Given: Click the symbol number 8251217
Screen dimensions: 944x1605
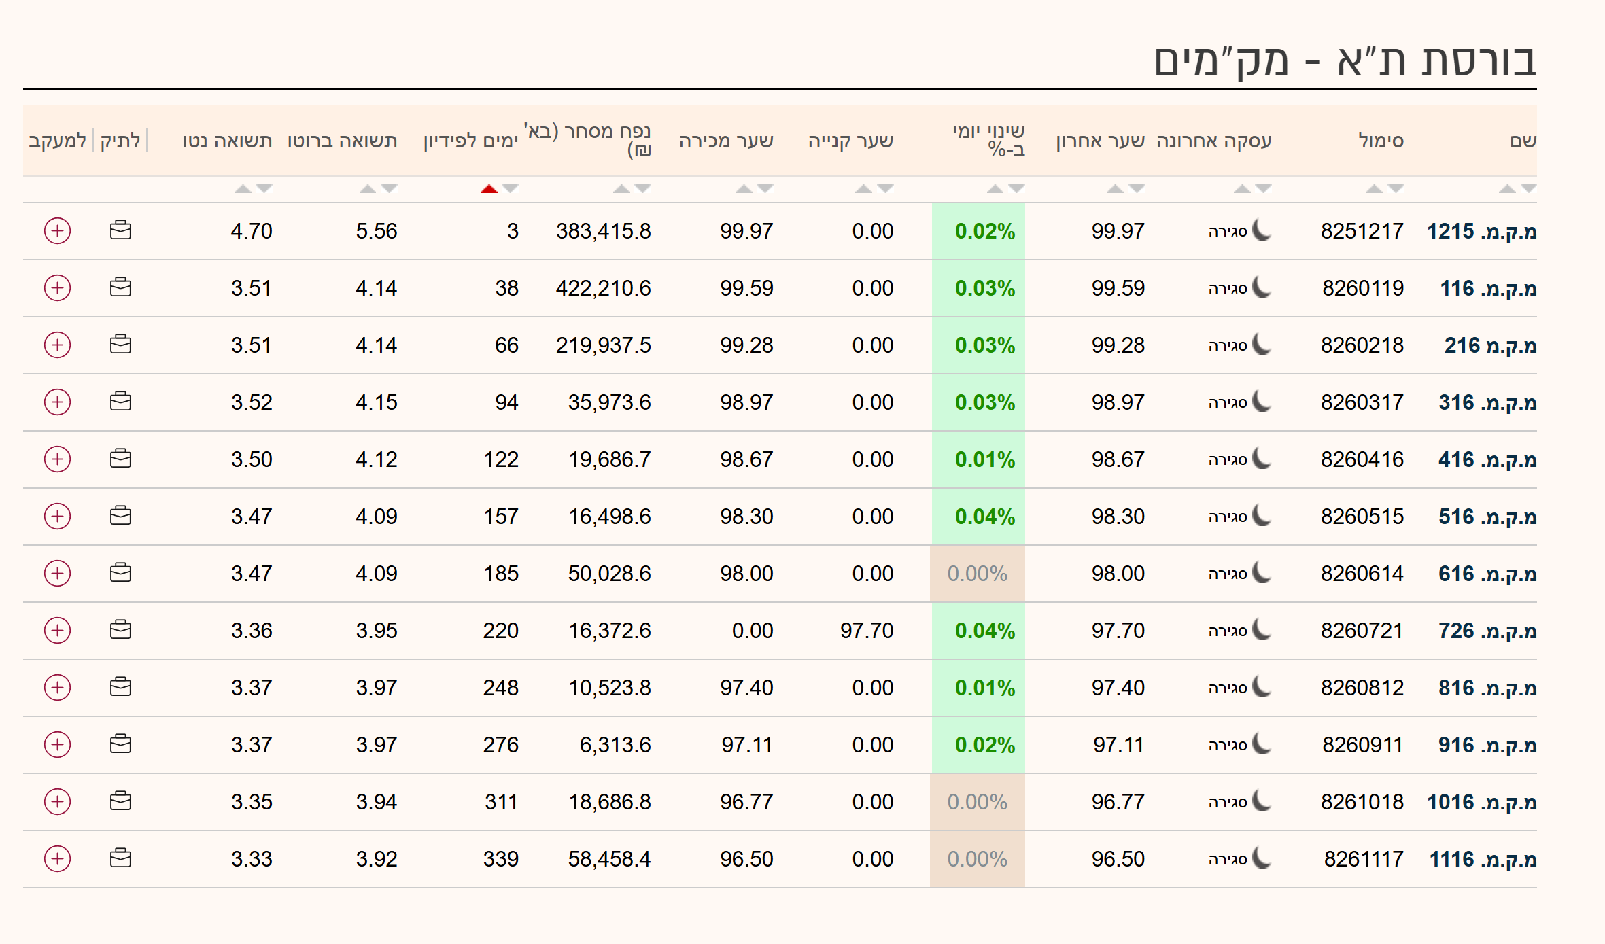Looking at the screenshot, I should point(1362,232).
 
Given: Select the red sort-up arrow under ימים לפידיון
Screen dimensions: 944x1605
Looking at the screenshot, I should point(489,189).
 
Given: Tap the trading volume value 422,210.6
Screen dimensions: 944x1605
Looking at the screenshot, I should point(603,289).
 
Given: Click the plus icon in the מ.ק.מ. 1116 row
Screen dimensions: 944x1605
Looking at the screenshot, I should point(58,859).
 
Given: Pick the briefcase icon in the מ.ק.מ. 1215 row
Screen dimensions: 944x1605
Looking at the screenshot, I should point(120,231).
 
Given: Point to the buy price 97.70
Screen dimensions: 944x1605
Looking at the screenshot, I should point(867,631).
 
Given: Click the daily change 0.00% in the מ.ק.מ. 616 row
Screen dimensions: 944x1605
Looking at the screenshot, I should point(977,574).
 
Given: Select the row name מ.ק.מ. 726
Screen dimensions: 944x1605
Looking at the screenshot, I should point(1487,631).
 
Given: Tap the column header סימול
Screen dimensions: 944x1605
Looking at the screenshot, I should point(1381,141).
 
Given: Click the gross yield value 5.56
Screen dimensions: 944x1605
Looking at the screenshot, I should point(377,232).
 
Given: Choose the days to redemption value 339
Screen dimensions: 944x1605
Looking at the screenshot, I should point(501,860).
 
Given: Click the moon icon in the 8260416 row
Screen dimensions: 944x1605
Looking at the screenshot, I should point(1262,459).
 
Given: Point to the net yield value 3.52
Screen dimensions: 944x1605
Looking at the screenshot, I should point(252,403).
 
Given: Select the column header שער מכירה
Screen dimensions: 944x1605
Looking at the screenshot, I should point(726,141).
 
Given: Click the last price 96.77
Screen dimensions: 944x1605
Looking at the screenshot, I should point(1118,803).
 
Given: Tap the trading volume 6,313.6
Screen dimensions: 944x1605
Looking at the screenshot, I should point(615,746).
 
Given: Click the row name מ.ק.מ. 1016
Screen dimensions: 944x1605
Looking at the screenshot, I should point(1482,803).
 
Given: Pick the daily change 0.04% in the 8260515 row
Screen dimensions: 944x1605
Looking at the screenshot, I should point(984,517).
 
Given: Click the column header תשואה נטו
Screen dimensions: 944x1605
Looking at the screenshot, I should point(227,141).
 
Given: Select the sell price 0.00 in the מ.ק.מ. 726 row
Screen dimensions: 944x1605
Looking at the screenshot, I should point(752,631).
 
